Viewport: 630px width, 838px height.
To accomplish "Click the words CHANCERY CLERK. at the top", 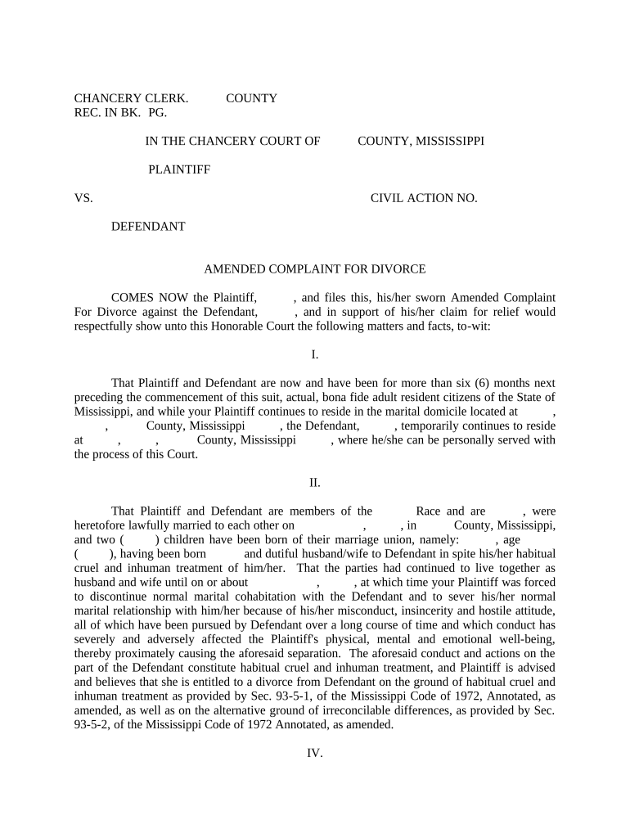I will pos(132,98).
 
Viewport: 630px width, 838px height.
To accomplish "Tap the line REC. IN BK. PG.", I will pos(120,113).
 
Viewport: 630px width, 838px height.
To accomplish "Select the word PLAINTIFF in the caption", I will pos(179,169).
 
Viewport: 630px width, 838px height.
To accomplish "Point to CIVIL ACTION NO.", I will pos(424,198).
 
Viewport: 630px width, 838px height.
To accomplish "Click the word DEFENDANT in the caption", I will pos(148,227).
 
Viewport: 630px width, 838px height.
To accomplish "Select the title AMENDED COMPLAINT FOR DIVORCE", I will pos(315,269).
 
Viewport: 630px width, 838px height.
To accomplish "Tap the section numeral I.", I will pos(315,354).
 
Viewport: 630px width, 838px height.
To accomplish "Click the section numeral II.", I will pos(315,482).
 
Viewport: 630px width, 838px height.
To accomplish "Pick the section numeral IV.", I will pos(315,754).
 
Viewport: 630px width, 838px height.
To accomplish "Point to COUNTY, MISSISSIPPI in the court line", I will pos(421,141).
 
